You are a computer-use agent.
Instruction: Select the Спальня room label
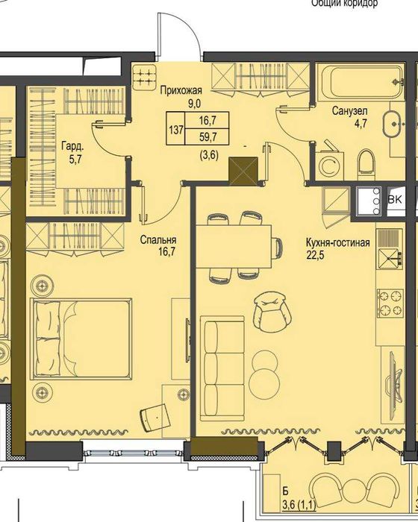click(158, 240)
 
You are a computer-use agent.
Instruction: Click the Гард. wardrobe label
click(72, 147)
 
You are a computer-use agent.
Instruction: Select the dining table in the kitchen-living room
click(234, 245)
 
